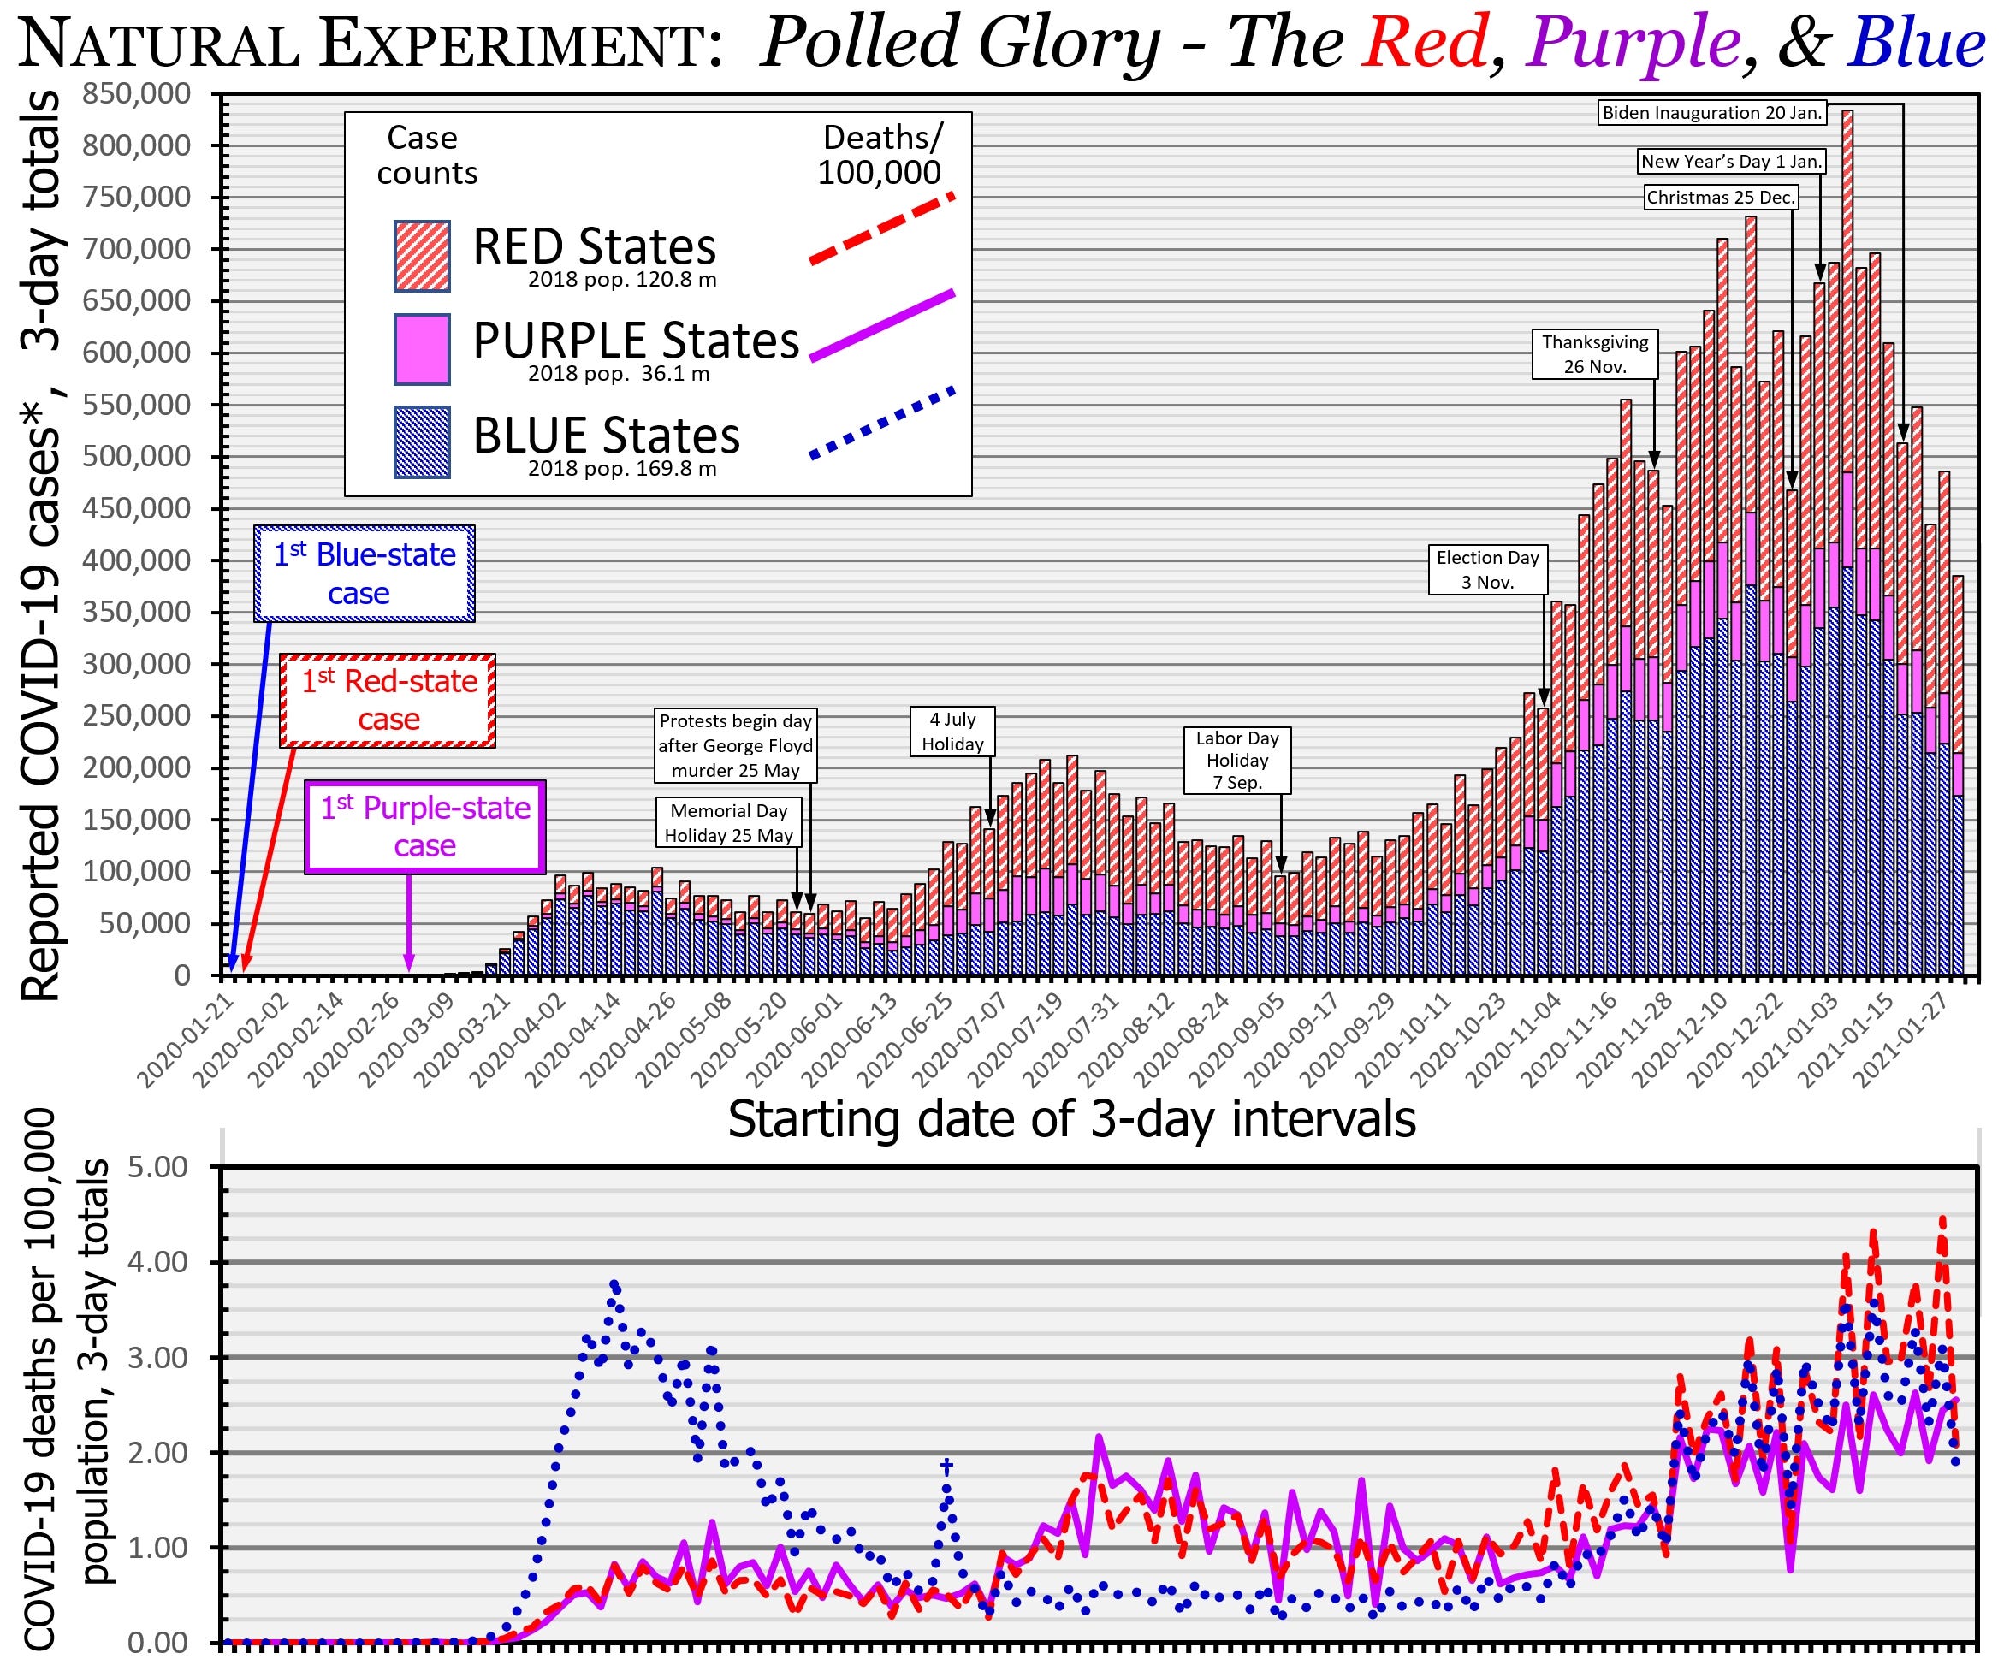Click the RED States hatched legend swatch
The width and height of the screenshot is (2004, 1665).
(422, 256)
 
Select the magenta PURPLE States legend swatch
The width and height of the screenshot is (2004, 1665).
(422, 349)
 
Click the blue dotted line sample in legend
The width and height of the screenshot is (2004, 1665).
(881, 422)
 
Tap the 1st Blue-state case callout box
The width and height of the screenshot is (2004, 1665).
(365, 573)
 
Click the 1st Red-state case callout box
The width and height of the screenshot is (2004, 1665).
(388, 699)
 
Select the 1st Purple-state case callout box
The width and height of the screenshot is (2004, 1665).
(424, 827)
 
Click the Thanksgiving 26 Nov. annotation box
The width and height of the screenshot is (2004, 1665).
(1595, 354)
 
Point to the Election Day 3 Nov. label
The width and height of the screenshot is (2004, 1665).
(1488, 570)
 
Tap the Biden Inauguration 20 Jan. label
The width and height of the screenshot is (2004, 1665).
(1712, 113)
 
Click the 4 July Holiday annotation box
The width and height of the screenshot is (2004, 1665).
(952, 732)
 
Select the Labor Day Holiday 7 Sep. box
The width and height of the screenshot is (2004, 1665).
(1236, 761)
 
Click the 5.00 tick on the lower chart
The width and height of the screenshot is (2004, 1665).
(157, 1167)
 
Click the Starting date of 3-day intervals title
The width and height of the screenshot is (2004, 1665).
(1070, 1119)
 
